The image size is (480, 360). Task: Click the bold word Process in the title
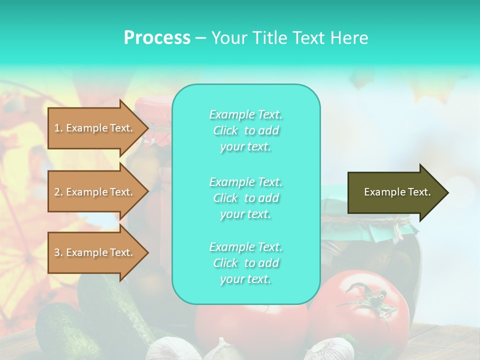157,38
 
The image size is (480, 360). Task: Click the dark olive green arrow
395,192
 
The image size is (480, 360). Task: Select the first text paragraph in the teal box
245,130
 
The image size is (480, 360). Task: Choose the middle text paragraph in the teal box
245,198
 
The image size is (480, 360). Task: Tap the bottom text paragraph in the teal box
245,263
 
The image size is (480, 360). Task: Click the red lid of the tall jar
153,107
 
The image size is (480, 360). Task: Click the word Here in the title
350,38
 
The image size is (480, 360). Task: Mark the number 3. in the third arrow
58,252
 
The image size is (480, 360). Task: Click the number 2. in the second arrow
58,192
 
